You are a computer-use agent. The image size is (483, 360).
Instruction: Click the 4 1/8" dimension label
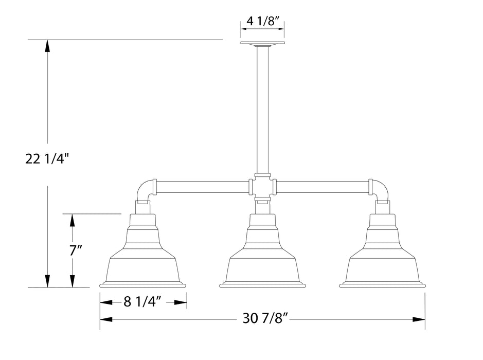(262, 22)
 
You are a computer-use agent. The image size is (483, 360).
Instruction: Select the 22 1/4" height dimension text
(47, 159)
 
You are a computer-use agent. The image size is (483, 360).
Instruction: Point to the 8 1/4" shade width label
(144, 302)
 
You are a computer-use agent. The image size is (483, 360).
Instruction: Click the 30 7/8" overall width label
(267, 319)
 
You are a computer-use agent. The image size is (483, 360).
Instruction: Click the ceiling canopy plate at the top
(262, 43)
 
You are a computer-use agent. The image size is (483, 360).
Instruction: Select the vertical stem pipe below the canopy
(262, 108)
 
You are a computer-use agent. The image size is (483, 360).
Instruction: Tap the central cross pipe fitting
(262, 186)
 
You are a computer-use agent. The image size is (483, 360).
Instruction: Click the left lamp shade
(142, 257)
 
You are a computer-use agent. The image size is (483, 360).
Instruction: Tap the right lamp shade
(382, 257)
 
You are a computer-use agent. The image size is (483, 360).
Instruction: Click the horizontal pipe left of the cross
(202, 186)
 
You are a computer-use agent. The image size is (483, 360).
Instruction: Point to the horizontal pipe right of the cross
(323, 186)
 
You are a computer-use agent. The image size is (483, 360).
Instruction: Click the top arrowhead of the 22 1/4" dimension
(47, 45)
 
